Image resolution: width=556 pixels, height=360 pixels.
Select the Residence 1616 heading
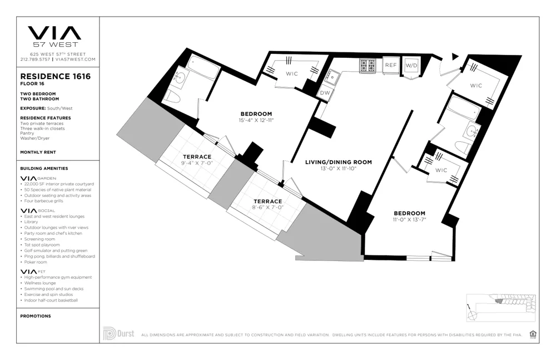pyautogui.click(x=55, y=76)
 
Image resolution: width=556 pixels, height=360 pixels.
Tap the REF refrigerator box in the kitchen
pyautogui.click(x=390, y=65)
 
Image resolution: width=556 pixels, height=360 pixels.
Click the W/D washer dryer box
pyautogui.click(x=411, y=66)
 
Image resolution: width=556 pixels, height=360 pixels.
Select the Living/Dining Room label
pyautogui.click(x=338, y=162)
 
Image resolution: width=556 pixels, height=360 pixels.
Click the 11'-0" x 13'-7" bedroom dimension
pyautogui.click(x=409, y=220)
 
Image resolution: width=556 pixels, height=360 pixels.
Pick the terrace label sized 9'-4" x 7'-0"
pyautogui.click(x=197, y=163)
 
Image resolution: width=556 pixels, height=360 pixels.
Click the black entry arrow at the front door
pyautogui.click(x=455, y=56)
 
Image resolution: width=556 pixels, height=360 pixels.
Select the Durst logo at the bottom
pyautogui.click(x=118, y=334)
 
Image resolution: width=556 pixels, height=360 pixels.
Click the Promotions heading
pyautogui.click(x=35, y=316)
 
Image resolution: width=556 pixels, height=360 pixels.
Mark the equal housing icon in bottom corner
pyautogui.click(x=533, y=334)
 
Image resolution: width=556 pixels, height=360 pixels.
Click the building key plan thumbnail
pyautogui.click(x=500, y=306)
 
